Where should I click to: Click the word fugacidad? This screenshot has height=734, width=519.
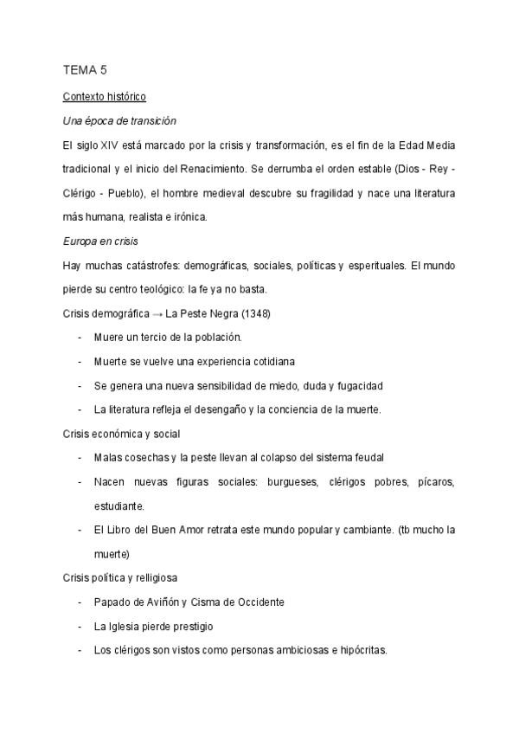[x=359, y=385]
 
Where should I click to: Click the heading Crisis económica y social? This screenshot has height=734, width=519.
[x=121, y=434]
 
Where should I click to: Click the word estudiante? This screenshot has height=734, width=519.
[x=119, y=505]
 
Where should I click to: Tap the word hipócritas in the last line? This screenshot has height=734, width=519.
[x=360, y=650]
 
